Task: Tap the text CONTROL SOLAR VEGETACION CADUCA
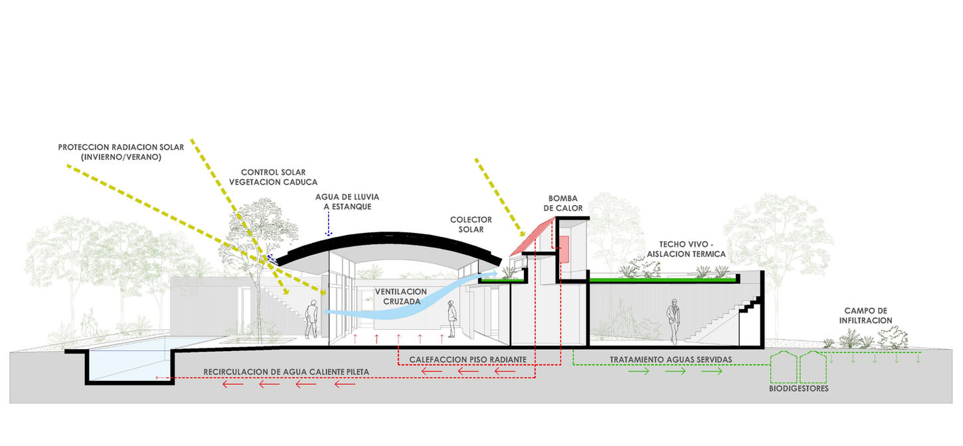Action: click(x=273, y=177)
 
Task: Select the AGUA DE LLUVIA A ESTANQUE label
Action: click(x=342, y=202)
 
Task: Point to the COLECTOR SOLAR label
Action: click(x=471, y=224)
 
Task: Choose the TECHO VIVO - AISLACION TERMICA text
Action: click(x=691, y=249)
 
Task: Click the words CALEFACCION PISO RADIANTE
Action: click(x=468, y=359)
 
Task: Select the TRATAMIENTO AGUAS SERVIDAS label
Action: click(x=671, y=359)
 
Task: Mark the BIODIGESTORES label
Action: click(x=798, y=389)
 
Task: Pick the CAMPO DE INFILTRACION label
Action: click(x=868, y=315)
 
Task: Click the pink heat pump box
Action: click(x=565, y=248)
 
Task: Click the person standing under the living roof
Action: click(x=673, y=321)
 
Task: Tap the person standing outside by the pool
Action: click(x=311, y=319)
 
